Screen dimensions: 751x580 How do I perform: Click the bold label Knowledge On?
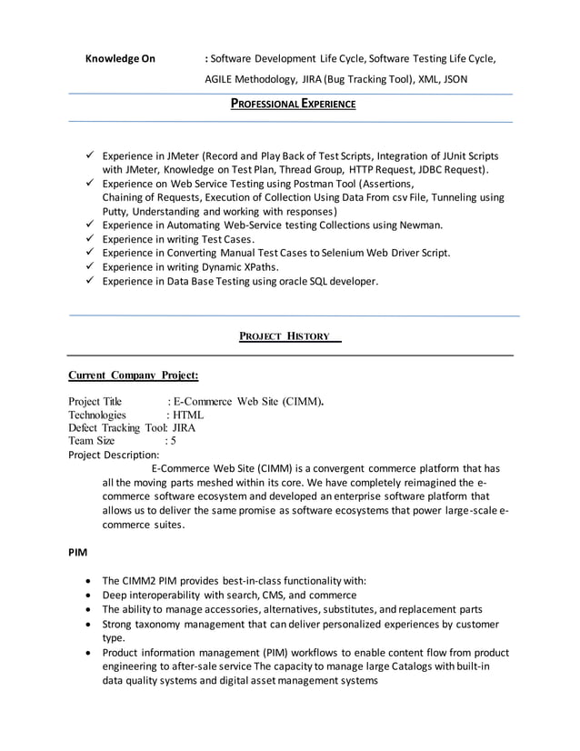120,59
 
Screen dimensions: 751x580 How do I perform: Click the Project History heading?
284,336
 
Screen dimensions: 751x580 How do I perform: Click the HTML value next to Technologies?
188,415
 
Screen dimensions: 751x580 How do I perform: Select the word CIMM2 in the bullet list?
142,581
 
